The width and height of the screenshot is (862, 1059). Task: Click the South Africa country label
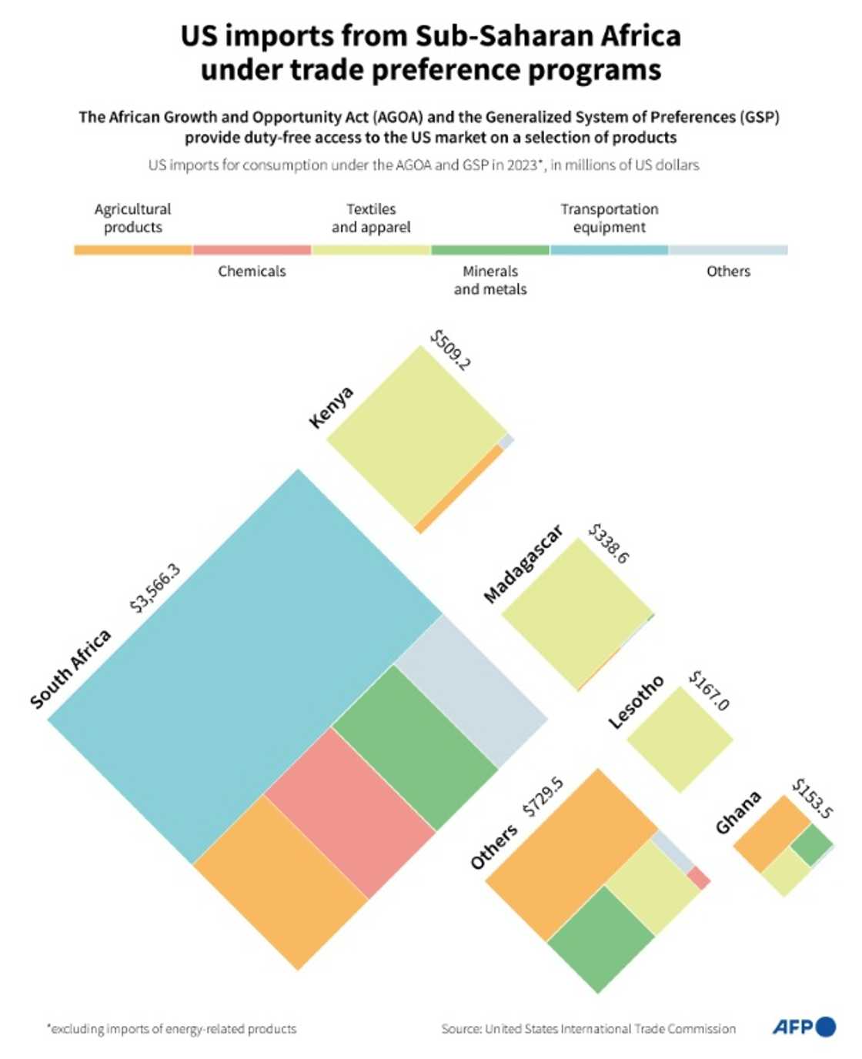pyautogui.click(x=71, y=668)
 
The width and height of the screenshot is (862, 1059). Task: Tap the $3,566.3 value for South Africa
pyautogui.click(x=155, y=588)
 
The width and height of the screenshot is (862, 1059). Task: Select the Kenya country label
pyautogui.click(x=331, y=407)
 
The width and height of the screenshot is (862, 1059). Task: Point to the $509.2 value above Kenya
pyautogui.click(x=450, y=350)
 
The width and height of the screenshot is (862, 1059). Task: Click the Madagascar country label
pyautogui.click(x=523, y=564)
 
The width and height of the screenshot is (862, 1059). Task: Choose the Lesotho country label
pyautogui.click(x=636, y=702)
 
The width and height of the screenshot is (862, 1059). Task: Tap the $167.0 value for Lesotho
pyautogui.click(x=709, y=690)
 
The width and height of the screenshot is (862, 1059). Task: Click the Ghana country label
pyautogui.click(x=738, y=812)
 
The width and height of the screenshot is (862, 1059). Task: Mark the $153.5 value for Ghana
pyautogui.click(x=813, y=799)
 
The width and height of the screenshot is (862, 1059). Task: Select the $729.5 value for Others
pyautogui.click(x=543, y=797)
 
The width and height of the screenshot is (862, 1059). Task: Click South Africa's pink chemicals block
pyautogui.click(x=350, y=812)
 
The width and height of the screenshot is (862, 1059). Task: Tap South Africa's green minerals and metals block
pyautogui.click(x=416, y=747)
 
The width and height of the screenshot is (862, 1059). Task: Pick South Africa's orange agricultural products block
pyautogui.click(x=281, y=881)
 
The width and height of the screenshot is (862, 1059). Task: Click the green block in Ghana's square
pyautogui.click(x=811, y=845)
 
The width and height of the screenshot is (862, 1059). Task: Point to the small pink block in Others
pyautogui.click(x=698, y=878)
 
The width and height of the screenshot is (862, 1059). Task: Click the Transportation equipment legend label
pyautogui.click(x=609, y=218)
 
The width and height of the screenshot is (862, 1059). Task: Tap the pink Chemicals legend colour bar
pyautogui.click(x=252, y=250)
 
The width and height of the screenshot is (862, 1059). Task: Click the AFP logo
pyautogui.click(x=804, y=1027)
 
